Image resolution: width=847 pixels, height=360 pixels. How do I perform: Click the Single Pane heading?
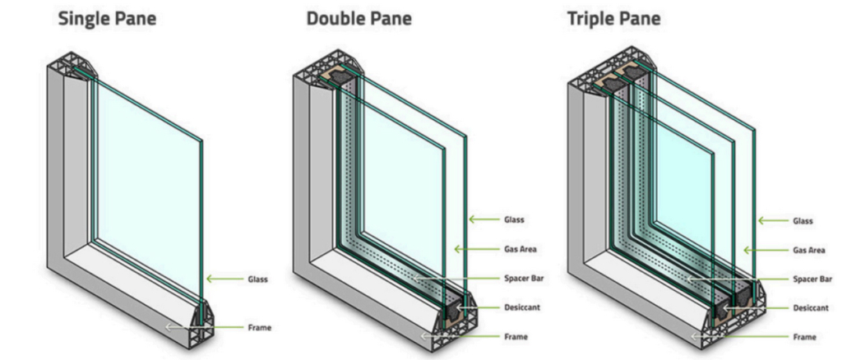click(107, 19)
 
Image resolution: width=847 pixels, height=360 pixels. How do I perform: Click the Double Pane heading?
click(359, 19)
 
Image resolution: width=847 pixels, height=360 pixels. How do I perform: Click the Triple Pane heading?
click(613, 19)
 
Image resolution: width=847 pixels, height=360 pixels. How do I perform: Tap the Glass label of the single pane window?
click(257, 279)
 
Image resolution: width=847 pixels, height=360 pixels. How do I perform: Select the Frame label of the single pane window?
click(259, 328)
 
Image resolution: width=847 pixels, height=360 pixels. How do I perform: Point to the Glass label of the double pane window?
click(514, 219)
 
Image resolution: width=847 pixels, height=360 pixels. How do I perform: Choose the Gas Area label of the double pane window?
click(521, 249)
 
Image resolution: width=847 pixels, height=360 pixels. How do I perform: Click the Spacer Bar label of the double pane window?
click(524, 279)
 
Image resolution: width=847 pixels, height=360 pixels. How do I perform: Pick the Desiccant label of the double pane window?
click(522, 307)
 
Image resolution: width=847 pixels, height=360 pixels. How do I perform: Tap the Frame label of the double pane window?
click(516, 337)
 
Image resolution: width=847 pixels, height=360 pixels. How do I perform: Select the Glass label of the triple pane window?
click(803, 221)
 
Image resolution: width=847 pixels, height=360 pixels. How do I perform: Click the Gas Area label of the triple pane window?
click(808, 251)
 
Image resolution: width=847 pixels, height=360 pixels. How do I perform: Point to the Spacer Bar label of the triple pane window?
click(812, 279)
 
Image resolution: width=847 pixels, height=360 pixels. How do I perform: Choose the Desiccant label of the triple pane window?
click(810, 308)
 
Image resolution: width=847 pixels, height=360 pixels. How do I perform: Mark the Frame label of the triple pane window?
click(804, 337)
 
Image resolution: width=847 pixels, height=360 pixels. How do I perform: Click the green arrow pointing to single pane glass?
click(224, 279)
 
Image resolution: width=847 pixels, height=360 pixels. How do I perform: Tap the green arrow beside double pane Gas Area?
click(477, 249)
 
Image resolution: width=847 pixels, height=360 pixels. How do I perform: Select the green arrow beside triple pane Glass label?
click(772, 220)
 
